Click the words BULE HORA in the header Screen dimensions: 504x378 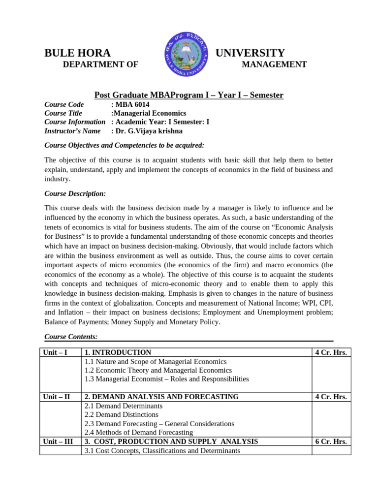[77, 53]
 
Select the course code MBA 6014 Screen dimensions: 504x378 [132, 104]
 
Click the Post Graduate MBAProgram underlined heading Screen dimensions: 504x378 [189, 95]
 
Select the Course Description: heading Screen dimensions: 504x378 [75, 193]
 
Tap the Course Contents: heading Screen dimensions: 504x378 [71, 337]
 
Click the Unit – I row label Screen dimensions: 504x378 [56, 352]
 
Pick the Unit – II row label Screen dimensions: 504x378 [57, 397]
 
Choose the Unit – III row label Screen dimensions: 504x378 [58, 441]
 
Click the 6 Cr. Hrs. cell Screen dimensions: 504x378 [331, 441]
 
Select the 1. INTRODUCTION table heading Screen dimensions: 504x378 [118, 352]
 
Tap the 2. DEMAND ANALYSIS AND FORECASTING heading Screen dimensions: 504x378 [162, 397]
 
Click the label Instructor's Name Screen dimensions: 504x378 [72, 131]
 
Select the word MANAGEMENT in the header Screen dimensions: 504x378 [274, 64]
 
